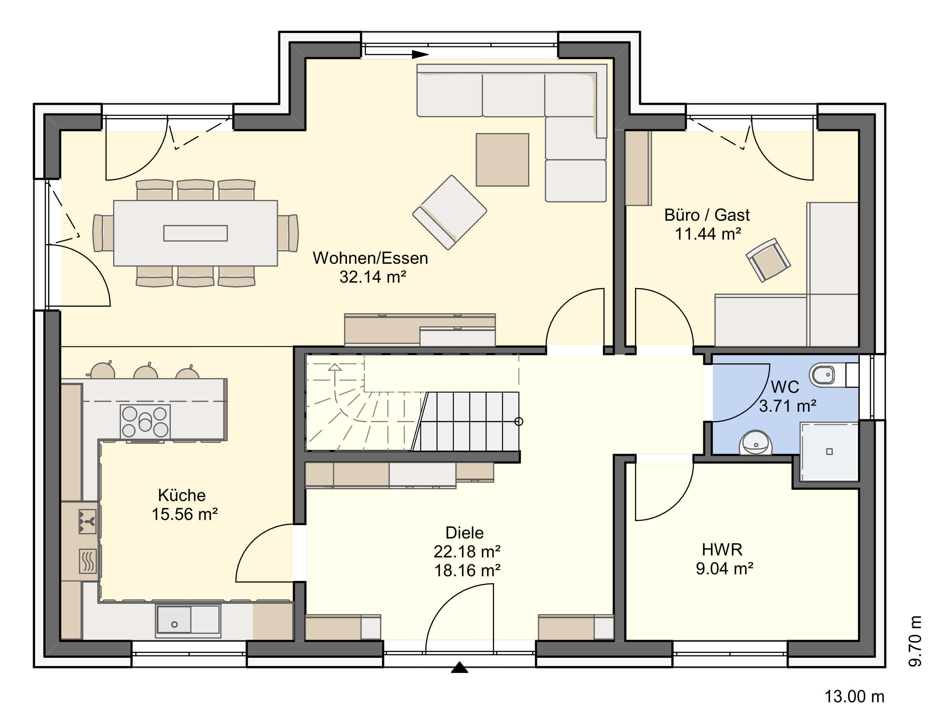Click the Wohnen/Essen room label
point(370,258)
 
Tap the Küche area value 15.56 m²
point(185,514)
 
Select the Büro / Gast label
point(707,215)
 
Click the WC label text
point(785,387)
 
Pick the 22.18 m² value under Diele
point(467,551)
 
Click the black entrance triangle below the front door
point(460,668)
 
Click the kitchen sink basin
point(174,620)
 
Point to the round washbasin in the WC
point(756,443)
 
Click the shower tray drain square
point(829,451)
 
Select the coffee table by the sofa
point(502,160)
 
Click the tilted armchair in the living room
point(449,212)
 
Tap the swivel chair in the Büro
point(768,260)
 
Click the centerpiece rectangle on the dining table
point(195,233)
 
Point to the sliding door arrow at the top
point(397,54)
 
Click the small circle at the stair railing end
point(519,421)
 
